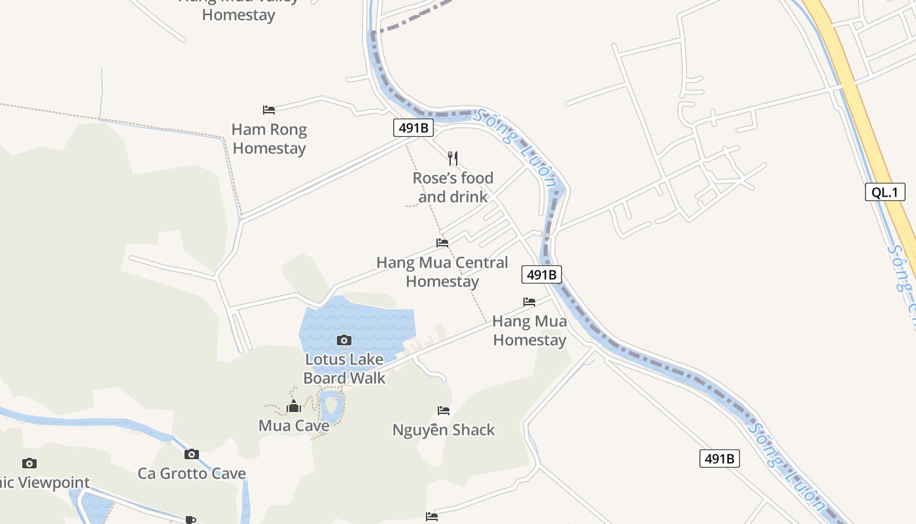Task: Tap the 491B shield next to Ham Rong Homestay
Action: coord(414,128)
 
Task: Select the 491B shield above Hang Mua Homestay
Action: coord(542,274)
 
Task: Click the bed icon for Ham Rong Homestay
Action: coord(268,109)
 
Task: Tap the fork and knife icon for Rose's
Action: coord(453,158)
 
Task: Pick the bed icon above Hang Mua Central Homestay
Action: coord(442,243)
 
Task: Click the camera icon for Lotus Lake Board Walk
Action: coord(344,340)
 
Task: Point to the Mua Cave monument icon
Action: coord(294,407)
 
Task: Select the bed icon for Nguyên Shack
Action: coord(444,411)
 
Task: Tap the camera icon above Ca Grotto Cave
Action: coord(191,454)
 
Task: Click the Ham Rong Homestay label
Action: coord(269,139)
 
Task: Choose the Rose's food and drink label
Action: coord(453,187)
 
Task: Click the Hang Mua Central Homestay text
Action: coord(442,272)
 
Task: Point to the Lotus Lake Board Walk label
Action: coord(344,369)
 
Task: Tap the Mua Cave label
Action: coord(294,426)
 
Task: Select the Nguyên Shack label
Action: coord(444,430)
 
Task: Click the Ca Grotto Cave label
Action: coord(192,474)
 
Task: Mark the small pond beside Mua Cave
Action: coord(331,404)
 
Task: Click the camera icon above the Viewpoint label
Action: coord(29,464)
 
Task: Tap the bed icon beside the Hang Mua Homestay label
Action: coord(529,302)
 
